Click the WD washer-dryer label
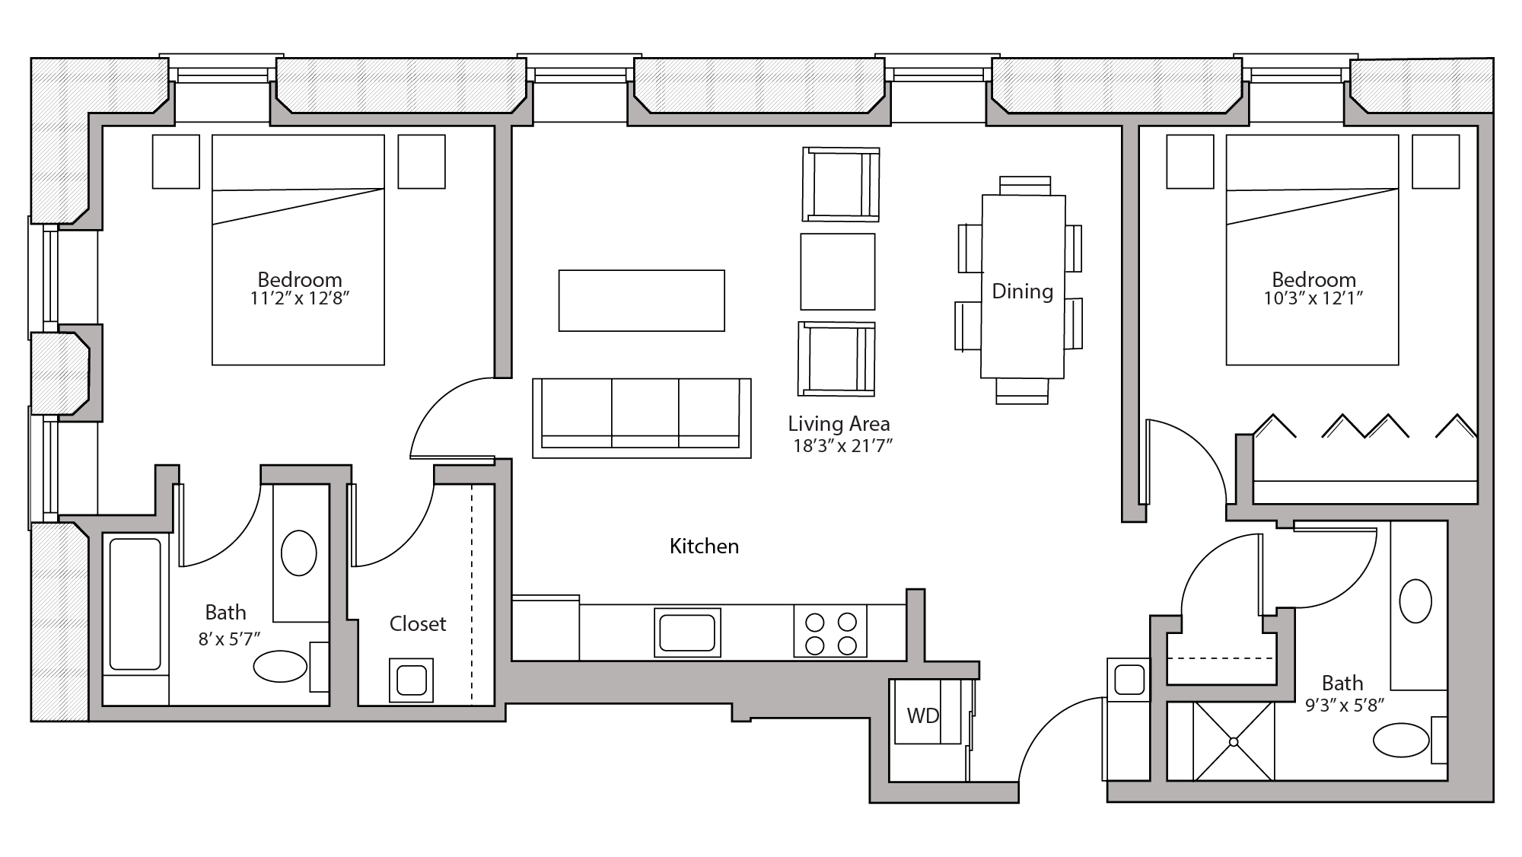tap(922, 715)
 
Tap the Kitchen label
tap(704, 546)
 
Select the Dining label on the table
tap(1022, 292)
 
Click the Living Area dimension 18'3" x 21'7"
tap(842, 446)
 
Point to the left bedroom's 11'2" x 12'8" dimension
tap(299, 298)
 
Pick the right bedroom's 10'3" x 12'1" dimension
tap(1313, 298)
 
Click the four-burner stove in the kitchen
tap(830, 632)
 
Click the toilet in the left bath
tap(280, 666)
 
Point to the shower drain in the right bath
tap(1233, 741)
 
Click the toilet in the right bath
tap(1402, 739)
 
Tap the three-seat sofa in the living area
tap(642, 417)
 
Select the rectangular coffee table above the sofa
tap(642, 301)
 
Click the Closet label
tap(417, 624)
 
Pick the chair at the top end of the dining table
tap(1024, 186)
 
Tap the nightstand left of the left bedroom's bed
tap(176, 161)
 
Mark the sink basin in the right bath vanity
tap(1415, 601)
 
